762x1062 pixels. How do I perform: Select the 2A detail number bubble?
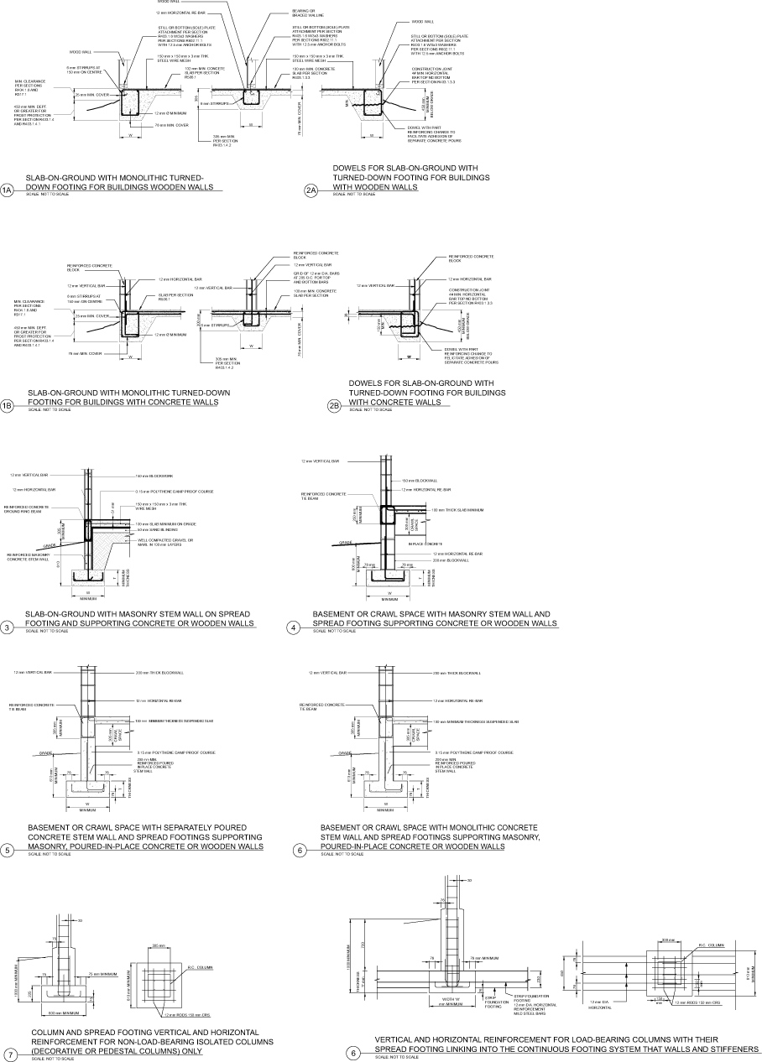pos(311,191)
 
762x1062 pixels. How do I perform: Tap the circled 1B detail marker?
pos(8,407)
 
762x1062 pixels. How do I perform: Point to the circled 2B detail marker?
pos(334,407)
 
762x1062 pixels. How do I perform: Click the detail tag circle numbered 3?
pos(8,627)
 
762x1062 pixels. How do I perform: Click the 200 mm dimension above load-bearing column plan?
pos(667,940)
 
